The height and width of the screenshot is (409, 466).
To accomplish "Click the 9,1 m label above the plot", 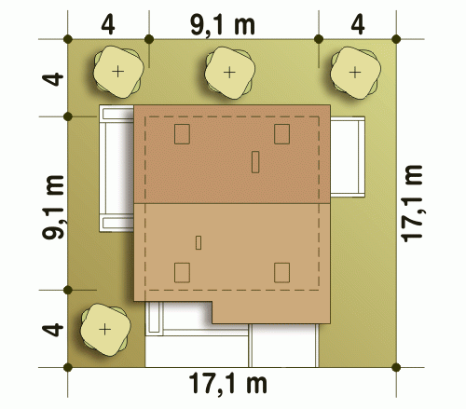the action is click(x=223, y=26).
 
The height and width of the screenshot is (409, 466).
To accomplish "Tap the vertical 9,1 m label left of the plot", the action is click(x=53, y=207).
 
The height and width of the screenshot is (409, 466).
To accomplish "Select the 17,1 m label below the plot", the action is click(x=228, y=384).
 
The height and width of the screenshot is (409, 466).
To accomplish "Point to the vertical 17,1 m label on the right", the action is click(x=412, y=203).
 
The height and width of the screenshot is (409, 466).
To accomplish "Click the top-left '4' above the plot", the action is click(x=108, y=25).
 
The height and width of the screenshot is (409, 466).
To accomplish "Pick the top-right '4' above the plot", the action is click(x=358, y=25).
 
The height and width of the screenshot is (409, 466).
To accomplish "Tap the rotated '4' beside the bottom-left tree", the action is click(x=53, y=330).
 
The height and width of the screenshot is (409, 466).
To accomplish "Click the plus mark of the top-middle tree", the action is click(x=229, y=73).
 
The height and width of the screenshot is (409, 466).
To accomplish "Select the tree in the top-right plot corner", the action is click(x=355, y=73).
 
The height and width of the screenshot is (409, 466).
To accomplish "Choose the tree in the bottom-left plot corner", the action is click(x=105, y=329).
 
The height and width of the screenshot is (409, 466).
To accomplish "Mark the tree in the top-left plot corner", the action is click(x=118, y=72).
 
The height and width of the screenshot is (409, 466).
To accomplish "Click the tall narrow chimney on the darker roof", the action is click(x=255, y=162).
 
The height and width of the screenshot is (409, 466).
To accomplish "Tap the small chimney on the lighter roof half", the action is click(x=199, y=243).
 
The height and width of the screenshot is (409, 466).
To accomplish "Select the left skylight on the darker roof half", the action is click(x=182, y=134).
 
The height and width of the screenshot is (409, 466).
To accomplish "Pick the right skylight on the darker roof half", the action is click(x=281, y=134).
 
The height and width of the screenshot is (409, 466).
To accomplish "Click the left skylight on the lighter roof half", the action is click(x=182, y=273).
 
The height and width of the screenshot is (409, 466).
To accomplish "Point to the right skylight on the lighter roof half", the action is click(x=281, y=273).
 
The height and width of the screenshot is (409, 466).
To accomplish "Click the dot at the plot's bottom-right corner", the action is click(x=396, y=367).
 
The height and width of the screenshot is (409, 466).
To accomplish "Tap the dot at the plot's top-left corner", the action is click(x=68, y=39).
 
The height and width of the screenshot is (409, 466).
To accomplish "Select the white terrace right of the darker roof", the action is click(x=348, y=157).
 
